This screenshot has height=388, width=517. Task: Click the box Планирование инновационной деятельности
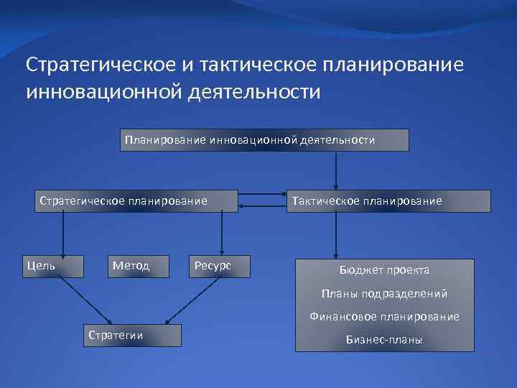(x=264, y=140)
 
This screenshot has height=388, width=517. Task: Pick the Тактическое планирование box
(x=388, y=201)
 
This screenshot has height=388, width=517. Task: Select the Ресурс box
(x=220, y=266)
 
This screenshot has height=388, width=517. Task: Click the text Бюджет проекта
(x=385, y=270)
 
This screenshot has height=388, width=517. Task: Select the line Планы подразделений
(x=385, y=293)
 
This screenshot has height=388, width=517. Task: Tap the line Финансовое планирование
(x=385, y=316)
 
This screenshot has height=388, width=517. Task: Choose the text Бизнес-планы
(x=385, y=339)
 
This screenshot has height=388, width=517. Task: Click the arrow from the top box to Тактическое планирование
(x=335, y=170)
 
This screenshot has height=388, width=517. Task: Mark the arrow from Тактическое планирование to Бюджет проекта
(x=335, y=236)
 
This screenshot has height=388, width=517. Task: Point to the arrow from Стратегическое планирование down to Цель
(x=63, y=234)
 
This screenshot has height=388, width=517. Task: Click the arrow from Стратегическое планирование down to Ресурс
(x=221, y=234)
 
